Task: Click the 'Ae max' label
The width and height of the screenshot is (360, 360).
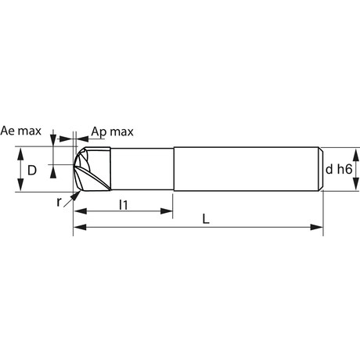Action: pyautogui.click(x=21, y=131)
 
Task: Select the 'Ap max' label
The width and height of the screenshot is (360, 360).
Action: pyautogui.click(x=113, y=132)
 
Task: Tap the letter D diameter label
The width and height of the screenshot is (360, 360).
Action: pyautogui.click(x=32, y=171)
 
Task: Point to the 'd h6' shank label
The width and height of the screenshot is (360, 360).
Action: pyautogui.click(x=339, y=169)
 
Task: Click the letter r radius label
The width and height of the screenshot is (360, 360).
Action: pyautogui.click(x=59, y=202)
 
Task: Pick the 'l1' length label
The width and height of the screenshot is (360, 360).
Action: pyautogui.click(x=124, y=205)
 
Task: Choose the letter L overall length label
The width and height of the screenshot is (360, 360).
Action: pyautogui.click(x=206, y=219)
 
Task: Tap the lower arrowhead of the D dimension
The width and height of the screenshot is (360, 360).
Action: pyautogui.click(x=20, y=185)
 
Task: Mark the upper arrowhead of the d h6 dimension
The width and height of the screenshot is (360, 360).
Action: pyautogui.click(x=356, y=155)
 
